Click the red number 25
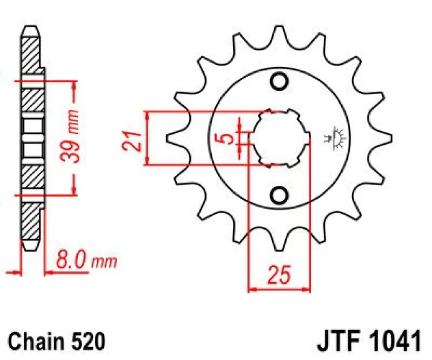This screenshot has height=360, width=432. (279, 276)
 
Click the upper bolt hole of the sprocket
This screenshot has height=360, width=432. (280, 82)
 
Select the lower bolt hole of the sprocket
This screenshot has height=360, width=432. (280, 195)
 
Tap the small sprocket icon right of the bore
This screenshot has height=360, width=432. (337, 139)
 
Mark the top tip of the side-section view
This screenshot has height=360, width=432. (30, 28)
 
